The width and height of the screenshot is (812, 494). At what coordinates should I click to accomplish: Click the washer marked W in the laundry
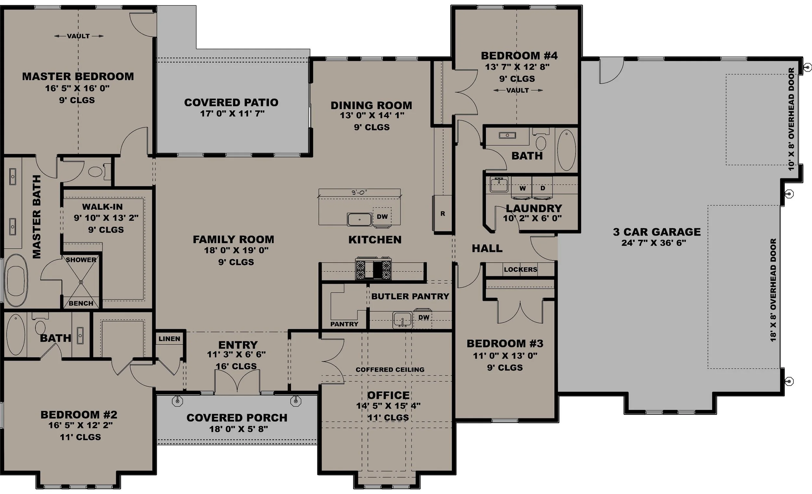pyautogui.click(x=522, y=188)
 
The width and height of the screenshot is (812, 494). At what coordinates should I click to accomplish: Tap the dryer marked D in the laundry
pyautogui.click(x=542, y=188)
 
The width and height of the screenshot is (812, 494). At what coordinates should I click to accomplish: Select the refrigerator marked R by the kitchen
pyautogui.click(x=443, y=214)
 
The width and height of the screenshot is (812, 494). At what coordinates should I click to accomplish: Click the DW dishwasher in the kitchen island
pyautogui.click(x=382, y=217)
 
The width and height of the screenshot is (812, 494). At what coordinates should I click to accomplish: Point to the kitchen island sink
pyautogui.click(x=359, y=219)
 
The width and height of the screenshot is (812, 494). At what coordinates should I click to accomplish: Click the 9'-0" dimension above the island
pyautogui.click(x=359, y=193)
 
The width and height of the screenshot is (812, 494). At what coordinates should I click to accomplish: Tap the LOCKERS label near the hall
pyautogui.click(x=520, y=270)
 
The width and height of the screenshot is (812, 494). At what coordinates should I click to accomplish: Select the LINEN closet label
pyautogui.click(x=170, y=339)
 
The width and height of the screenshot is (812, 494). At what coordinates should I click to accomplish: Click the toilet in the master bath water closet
pyautogui.click(x=96, y=172)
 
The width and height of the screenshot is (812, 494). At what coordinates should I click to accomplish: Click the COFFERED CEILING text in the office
pyautogui.click(x=390, y=370)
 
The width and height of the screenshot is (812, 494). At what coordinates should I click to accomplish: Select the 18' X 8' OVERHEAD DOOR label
pyautogui.click(x=773, y=290)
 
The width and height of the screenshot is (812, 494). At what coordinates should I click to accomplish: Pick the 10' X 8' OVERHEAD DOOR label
pyautogui.click(x=792, y=119)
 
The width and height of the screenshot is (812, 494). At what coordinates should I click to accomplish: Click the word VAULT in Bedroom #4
pyautogui.click(x=517, y=90)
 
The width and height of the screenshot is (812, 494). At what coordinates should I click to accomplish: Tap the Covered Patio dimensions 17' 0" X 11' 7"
pyautogui.click(x=232, y=114)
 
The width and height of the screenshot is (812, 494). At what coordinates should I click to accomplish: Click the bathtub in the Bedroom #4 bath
pyautogui.click(x=566, y=150)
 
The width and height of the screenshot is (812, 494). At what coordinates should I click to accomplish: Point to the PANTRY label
pyautogui.click(x=344, y=324)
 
